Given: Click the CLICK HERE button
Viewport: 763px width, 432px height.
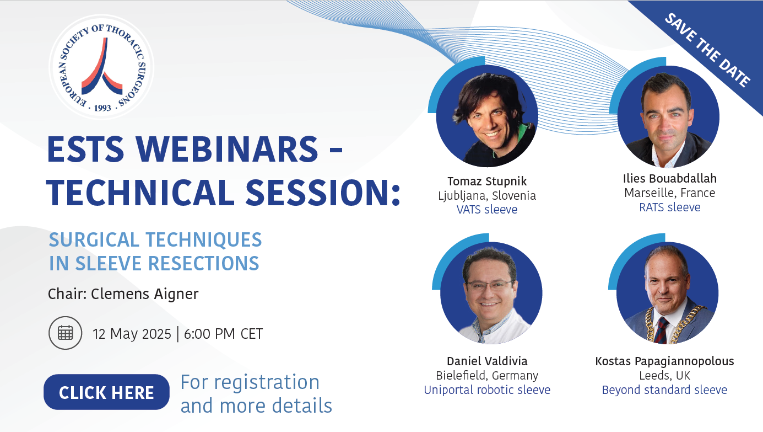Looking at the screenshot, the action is [x=106, y=392].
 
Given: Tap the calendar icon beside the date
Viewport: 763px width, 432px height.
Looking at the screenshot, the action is [x=65, y=333].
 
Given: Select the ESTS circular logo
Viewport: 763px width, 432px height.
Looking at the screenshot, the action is [x=101, y=67].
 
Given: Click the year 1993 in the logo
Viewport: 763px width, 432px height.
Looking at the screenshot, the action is [x=102, y=108].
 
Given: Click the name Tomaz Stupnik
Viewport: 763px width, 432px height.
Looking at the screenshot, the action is [x=487, y=181].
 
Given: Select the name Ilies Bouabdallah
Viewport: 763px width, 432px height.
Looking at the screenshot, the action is [x=670, y=178].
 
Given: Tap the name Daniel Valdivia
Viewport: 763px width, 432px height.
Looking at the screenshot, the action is [x=487, y=361].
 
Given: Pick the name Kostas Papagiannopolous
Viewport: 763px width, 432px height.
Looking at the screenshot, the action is [x=664, y=361].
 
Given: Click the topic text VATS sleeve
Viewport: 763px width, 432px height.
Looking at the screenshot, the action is [x=487, y=209].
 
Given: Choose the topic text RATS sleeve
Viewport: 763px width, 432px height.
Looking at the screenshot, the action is [x=670, y=207].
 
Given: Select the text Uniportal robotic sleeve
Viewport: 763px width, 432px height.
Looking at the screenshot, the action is [x=487, y=390].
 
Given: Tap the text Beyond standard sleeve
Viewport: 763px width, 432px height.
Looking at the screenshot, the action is [x=664, y=390].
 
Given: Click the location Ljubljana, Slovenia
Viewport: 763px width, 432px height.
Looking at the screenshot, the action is [x=487, y=195].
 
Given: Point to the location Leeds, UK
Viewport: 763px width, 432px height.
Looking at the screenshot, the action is [x=664, y=375].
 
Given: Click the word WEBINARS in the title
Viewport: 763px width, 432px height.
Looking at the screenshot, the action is [x=227, y=150].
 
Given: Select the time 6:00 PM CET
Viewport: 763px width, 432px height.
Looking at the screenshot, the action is [x=224, y=334].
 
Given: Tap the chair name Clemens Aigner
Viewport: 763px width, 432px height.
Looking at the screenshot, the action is [x=144, y=294].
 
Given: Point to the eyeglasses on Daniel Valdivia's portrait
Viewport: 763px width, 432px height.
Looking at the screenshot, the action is [x=489, y=285].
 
